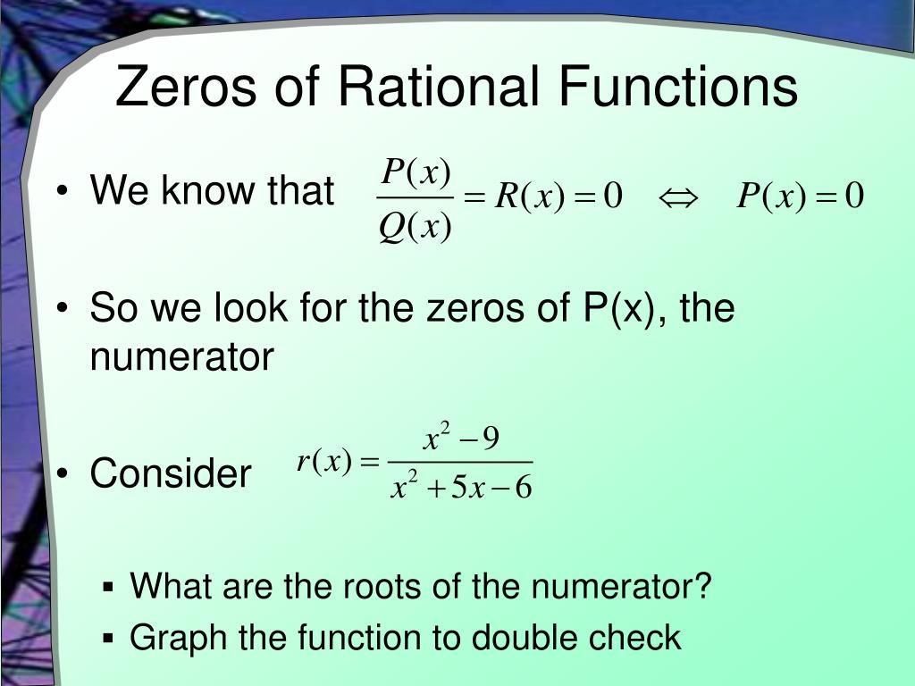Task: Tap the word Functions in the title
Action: (678, 87)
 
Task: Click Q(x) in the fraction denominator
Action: (414, 228)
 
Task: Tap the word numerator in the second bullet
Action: (181, 358)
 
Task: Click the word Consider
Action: (171, 473)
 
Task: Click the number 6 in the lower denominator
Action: (524, 489)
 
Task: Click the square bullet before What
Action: (108, 588)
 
